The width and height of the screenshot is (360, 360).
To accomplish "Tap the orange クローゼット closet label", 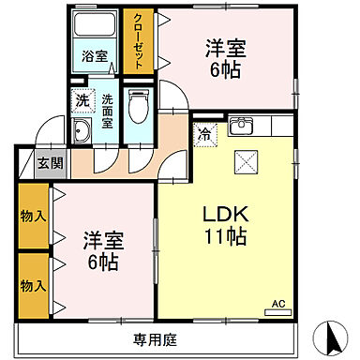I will tap(138, 42).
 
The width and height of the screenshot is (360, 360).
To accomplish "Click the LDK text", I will tap(225, 215).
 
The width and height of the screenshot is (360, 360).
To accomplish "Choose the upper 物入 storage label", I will tap(33, 217).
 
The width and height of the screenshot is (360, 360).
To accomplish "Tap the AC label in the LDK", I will tap(278, 303).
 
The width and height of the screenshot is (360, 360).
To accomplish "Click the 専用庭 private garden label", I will tap(156, 337).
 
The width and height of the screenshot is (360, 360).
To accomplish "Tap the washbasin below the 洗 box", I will tap(82, 130).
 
